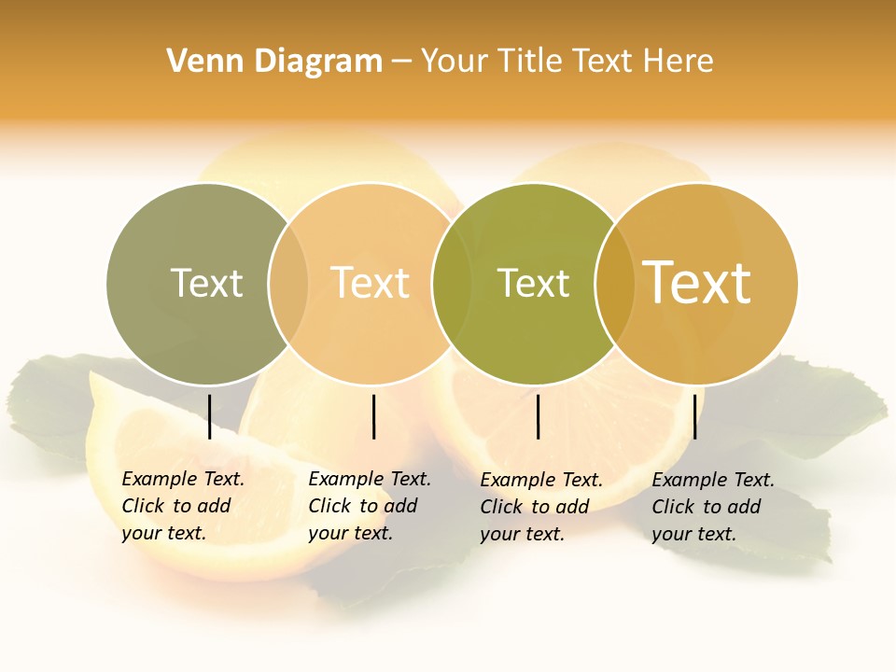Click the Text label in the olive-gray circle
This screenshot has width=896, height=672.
(x=206, y=283)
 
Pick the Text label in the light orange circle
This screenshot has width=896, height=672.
(x=371, y=283)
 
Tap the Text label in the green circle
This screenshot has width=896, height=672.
(x=533, y=283)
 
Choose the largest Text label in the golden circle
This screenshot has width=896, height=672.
(x=697, y=283)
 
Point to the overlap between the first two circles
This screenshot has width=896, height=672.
(x=288, y=283)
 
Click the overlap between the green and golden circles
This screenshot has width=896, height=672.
(x=615, y=283)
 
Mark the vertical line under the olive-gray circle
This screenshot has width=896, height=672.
(x=210, y=416)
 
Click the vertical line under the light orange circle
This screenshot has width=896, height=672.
(x=373, y=416)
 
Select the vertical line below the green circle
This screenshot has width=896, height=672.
(x=539, y=416)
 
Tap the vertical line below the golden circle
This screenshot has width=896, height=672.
(x=694, y=416)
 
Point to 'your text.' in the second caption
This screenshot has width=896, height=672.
(x=350, y=533)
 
